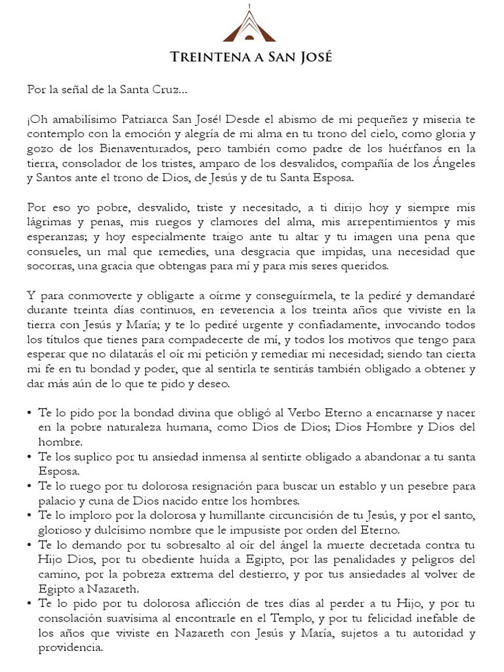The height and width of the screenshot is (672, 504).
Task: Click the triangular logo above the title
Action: tap(249, 26)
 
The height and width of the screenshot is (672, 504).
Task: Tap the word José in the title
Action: tap(314, 58)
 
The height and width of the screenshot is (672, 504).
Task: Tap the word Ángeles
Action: tap(451, 164)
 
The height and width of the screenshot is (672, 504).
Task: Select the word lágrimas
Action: tap(47, 222)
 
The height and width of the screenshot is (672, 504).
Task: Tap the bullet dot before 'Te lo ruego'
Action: tap(30, 487)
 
